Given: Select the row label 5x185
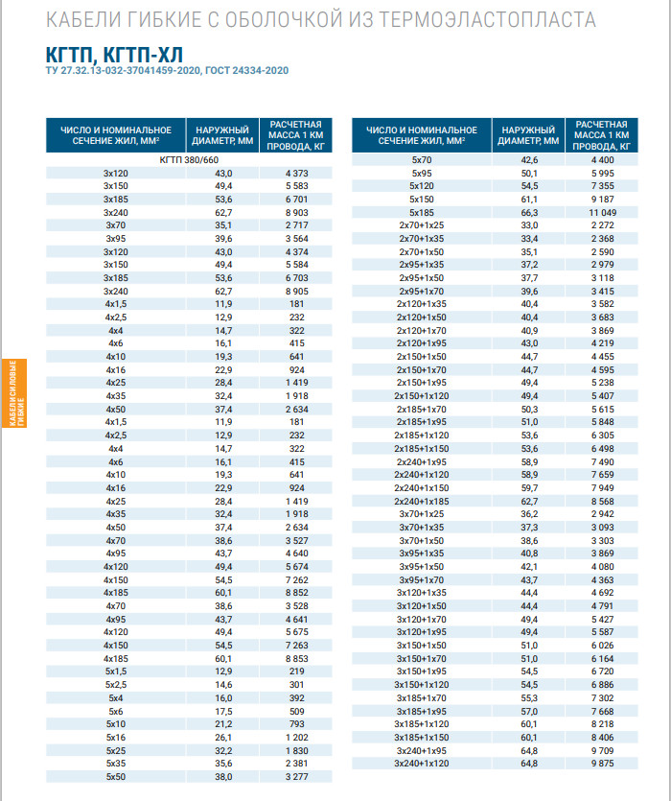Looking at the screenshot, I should click(x=422, y=212).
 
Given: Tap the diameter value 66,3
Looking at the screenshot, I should click(x=529, y=212).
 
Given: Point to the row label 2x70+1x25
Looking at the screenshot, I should click(x=422, y=224).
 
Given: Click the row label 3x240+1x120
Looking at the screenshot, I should click(x=422, y=763).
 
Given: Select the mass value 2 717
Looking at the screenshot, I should click(x=295, y=224).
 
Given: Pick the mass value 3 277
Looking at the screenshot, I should click(x=295, y=776).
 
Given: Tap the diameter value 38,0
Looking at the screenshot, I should click(x=222, y=776).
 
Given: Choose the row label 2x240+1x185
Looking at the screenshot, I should click(x=422, y=501).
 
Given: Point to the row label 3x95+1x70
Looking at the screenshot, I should click(x=422, y=579).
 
